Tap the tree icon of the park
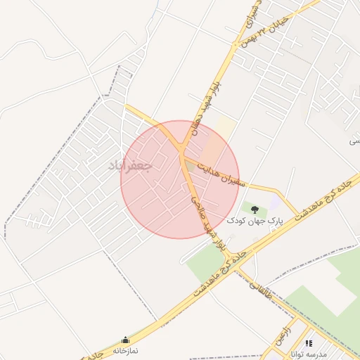254,209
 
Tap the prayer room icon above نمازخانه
126,340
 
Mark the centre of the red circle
180,179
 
